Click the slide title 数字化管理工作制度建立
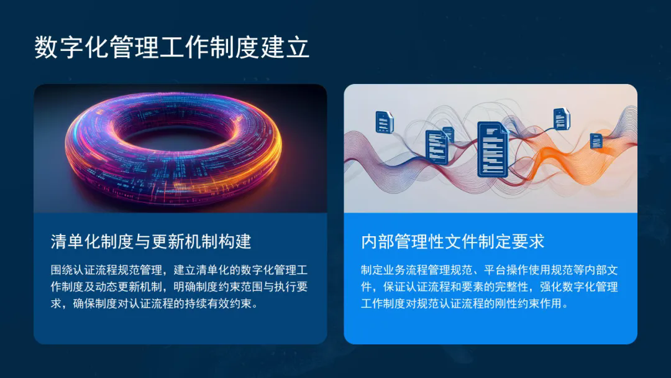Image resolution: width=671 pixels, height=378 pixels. (171, 47)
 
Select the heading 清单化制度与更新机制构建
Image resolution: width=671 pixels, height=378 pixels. (150, 241)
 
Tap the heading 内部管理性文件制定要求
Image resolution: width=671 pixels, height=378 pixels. (452, 241)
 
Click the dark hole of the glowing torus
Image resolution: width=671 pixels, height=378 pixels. (173, 136)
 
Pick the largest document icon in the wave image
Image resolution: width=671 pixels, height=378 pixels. (493, 149)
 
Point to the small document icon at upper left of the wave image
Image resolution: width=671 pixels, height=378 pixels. (384, 122)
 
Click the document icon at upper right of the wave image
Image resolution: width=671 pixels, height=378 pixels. (561, 119)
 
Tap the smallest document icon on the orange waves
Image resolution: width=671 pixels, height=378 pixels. (596, 141)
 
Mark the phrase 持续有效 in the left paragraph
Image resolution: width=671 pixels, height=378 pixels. (207, 303)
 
